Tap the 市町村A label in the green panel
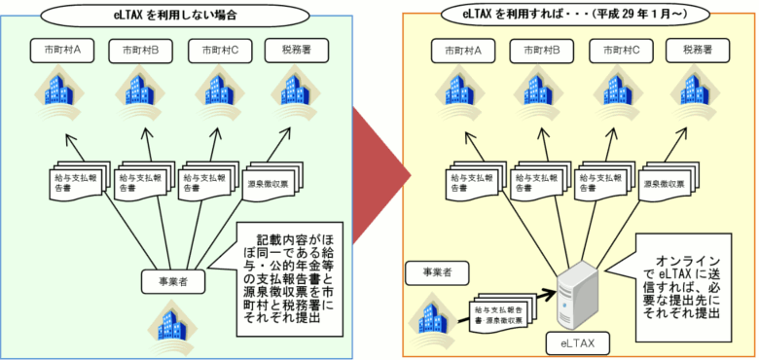[x=60, y=49]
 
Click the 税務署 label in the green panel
[x=303, y=49]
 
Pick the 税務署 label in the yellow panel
[x=699, y=48]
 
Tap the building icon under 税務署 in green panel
[x=303, y=91]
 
